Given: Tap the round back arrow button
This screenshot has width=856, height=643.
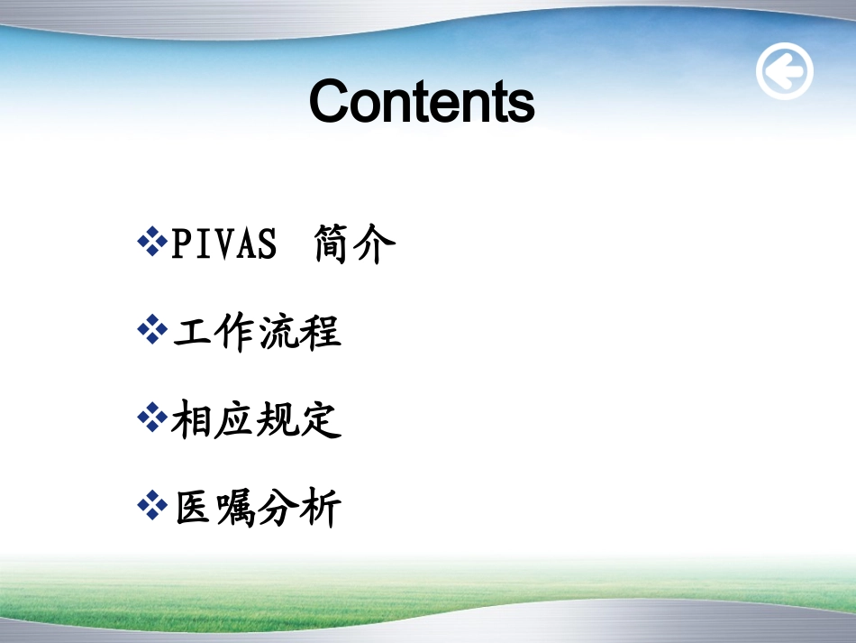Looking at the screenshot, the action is pyautogui.click(x=785, y=71).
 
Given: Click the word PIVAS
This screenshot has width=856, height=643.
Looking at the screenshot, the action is pyautogui.click(x=223, y=243).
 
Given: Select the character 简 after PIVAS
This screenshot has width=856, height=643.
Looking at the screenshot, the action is pyautogui.click(x=332, y=243).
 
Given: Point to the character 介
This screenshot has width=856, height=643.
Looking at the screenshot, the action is pyautogui.click(x=375, y=243).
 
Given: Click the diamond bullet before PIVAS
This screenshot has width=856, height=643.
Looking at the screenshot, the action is pyautogui.click(x=152, y=241).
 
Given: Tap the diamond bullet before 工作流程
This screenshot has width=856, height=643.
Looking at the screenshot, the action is pyautogui.click(x=152, y=329).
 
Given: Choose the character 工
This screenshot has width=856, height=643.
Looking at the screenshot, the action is pyautogui.click(x=193, y=332).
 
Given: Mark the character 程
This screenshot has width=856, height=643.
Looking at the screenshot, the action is pyautogui.click(x=320, y=332).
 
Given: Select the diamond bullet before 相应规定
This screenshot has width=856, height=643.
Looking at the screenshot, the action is pyautogui.click(x=152, y=418).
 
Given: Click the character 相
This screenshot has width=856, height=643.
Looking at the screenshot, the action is pyautogui.click(x=191, y=419).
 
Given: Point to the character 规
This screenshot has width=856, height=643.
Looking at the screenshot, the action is pyautogui.click(x=277, y=419).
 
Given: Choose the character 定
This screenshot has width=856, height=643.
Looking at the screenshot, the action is pyautogui.click(x=321, y=419).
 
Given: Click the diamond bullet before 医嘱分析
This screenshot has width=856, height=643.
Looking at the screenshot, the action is pyautogui.click(x=152, y=505).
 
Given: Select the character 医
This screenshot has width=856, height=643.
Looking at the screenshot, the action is pyautogui.click(x=193, y=508).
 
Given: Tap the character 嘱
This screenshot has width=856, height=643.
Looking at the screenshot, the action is pyautogui.click(x=236, y=508).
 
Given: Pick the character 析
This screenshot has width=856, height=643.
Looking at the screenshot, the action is pyautogui.click(x=321, y=507).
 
